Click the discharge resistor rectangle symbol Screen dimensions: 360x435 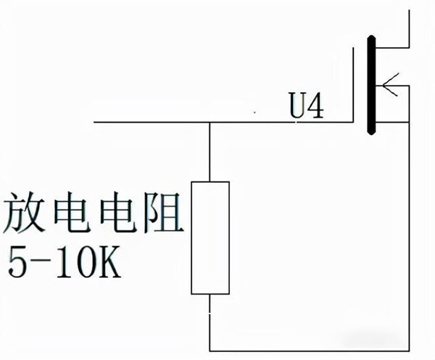tap(210, 237)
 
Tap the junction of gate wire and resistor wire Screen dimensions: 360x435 tap(210, 123)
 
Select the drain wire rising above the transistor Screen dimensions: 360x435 tap(411, 22)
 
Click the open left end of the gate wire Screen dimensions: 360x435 tap(95, 123)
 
